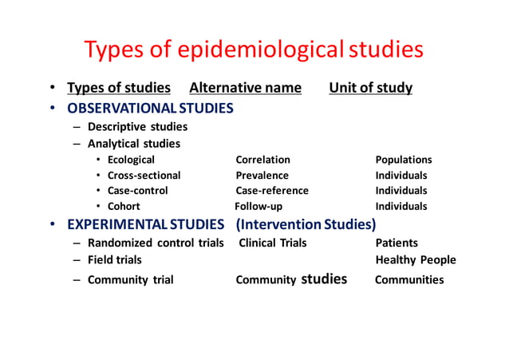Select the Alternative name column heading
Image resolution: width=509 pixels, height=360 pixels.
(x=245, y=88)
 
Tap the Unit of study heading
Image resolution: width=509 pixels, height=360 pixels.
(x=370, y=88)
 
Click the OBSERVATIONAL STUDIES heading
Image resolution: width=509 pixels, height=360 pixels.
(x=150, y=107)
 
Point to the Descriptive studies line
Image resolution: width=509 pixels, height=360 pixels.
(x=137, y=126)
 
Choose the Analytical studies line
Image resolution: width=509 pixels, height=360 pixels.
(x=133, y=144)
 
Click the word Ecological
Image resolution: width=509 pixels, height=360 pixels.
(x=131, y=160)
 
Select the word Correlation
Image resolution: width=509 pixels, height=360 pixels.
(x=262, y=160)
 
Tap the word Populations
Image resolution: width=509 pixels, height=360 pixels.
(x=404, y=160)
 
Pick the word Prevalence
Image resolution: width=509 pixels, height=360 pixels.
(x=262, y=176)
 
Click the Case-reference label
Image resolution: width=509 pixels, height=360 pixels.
(x=271, y=191)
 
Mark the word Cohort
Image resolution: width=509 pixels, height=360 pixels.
(x=124, y=206)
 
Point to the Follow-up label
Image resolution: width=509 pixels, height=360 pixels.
(x=258, y=206)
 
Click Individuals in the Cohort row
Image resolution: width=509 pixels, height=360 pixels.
(x=401, y=206)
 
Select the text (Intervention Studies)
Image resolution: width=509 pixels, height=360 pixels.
(x=306, y=223)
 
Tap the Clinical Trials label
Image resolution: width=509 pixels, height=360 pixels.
(x=273, y=243)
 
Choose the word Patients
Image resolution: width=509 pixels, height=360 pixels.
(x=397, y=243)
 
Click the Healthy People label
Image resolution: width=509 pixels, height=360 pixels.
(x=416, y=259)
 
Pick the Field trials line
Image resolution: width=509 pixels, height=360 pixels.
(x=114, y=259)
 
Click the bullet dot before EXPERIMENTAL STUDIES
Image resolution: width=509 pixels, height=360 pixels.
(x=50, y=223)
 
